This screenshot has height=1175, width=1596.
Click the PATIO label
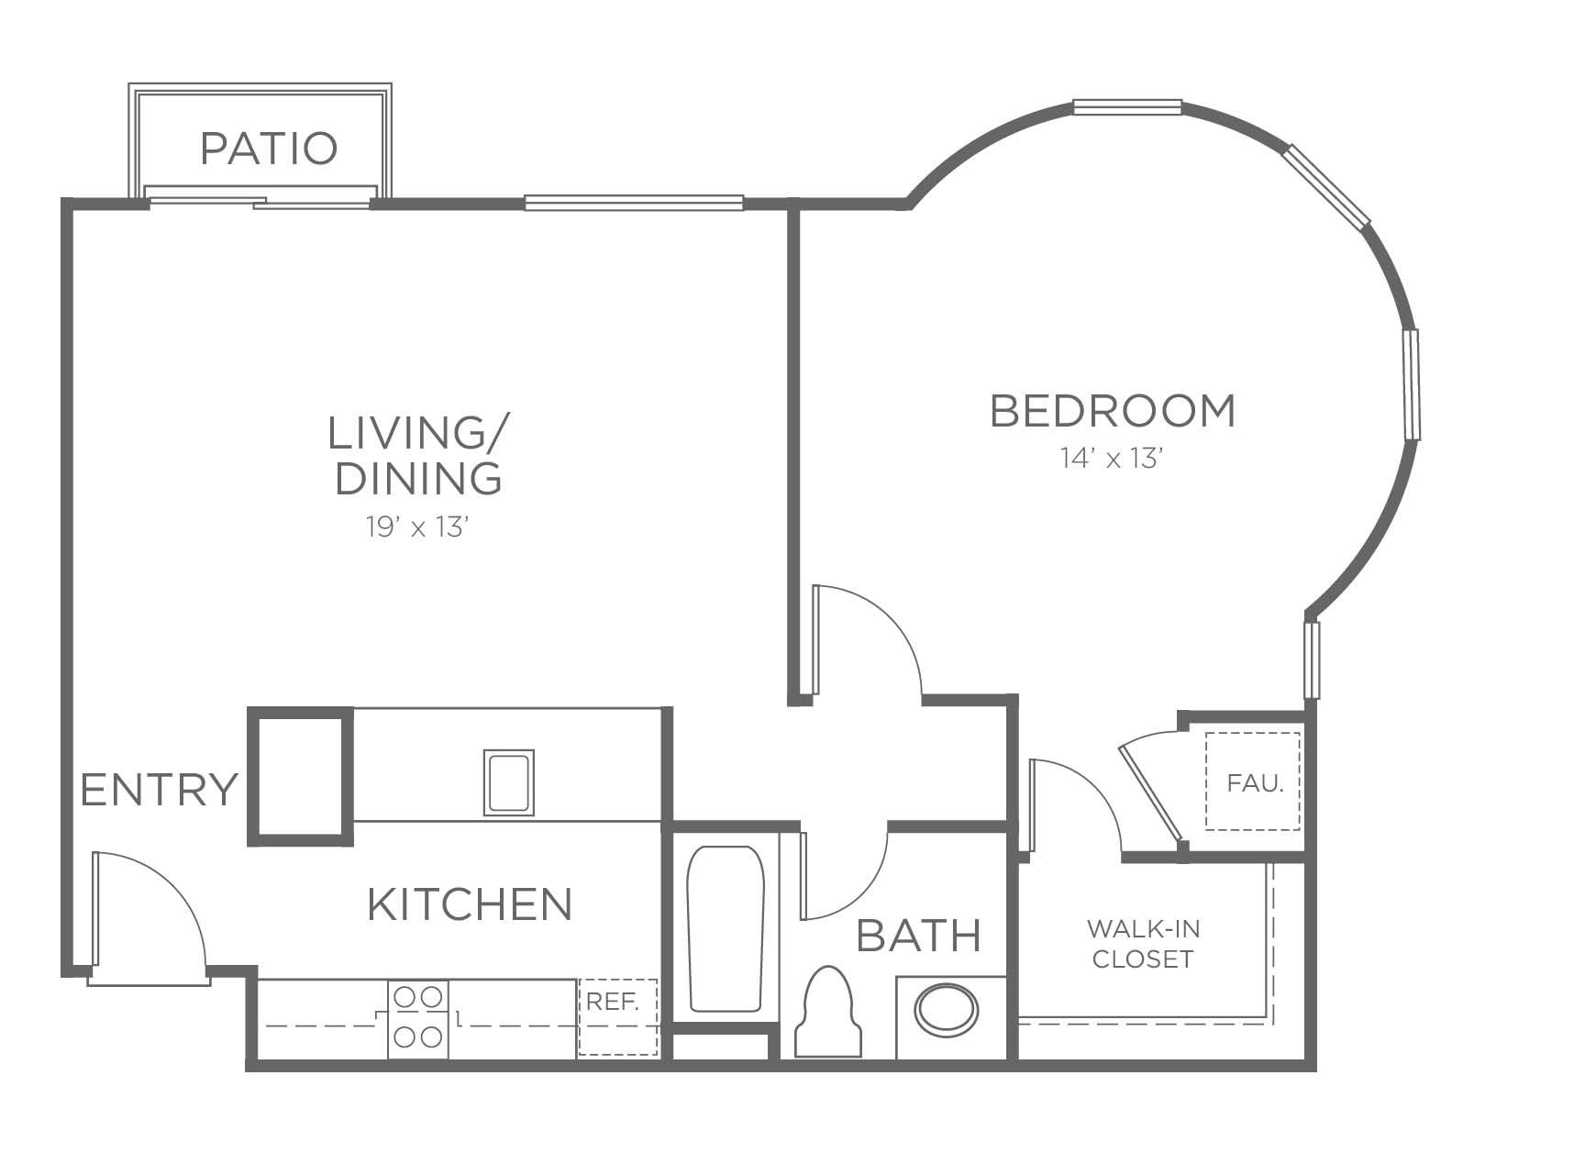coord(269,149)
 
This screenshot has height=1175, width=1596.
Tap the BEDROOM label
coord(1113,410)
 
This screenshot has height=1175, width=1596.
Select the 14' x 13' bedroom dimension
coord(1112,458)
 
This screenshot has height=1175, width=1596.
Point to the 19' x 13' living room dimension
coord(418,527)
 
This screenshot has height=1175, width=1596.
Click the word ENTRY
coord(160,790)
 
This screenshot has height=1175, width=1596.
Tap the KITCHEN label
coord(470,904)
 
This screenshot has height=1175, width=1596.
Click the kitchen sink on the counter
coord(509,782)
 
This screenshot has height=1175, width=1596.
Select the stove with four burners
coord(418,1019)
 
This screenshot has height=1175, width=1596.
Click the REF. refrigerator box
coord(618,1017)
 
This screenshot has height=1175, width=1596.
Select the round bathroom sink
coord(947,1011)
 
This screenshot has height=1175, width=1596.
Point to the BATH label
coord(919,936)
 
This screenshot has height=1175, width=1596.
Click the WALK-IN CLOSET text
coord(1143,944)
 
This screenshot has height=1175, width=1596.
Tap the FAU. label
coord(1255,783)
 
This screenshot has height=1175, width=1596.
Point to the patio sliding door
coord(260,197)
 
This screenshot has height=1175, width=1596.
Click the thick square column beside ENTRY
coord(301,776)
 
